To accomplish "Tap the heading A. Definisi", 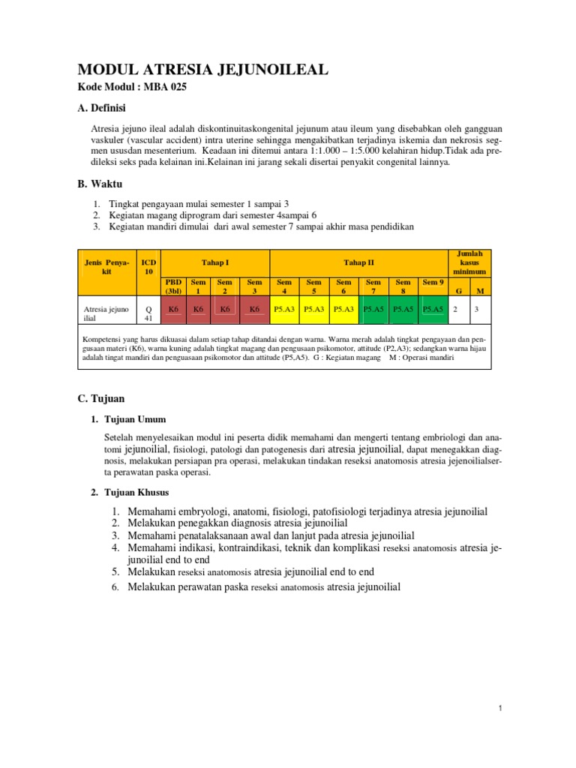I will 102,108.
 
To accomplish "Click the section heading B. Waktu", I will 100,184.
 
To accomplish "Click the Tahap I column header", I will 215,262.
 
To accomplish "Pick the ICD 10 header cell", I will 148,267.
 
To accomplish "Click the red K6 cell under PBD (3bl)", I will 173,308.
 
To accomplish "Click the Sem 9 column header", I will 433,283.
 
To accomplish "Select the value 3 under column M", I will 477,308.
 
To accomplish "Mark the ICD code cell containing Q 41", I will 148,313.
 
